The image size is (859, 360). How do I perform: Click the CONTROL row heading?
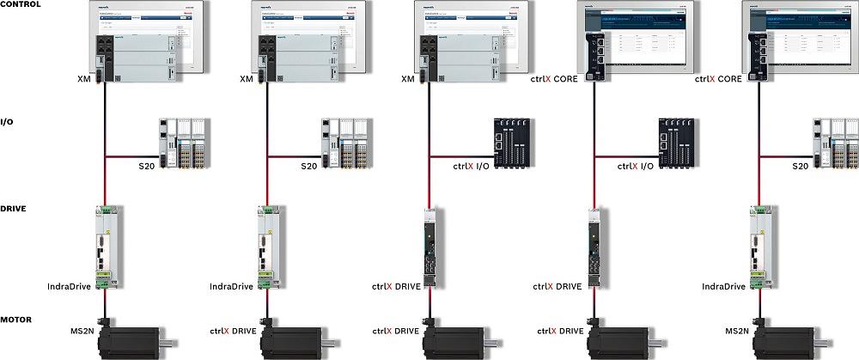tap(20, 4)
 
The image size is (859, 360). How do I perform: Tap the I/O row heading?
tap(7, 121)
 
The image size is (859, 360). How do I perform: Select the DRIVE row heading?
tap(13, 209)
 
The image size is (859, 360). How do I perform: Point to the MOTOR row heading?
tap(16, 320)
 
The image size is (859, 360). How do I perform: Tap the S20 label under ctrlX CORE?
tap(800, 166)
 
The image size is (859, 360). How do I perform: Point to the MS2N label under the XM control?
tap(83, 330)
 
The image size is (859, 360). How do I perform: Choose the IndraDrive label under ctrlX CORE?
tap(723, 286)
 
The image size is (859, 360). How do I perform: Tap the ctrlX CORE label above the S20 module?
tap(718, 79)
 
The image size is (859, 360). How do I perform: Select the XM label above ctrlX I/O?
tap(408, 79)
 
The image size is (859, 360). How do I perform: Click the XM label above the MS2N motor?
tap(83, 79)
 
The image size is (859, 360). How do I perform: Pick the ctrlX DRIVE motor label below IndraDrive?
tap(233, 330)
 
